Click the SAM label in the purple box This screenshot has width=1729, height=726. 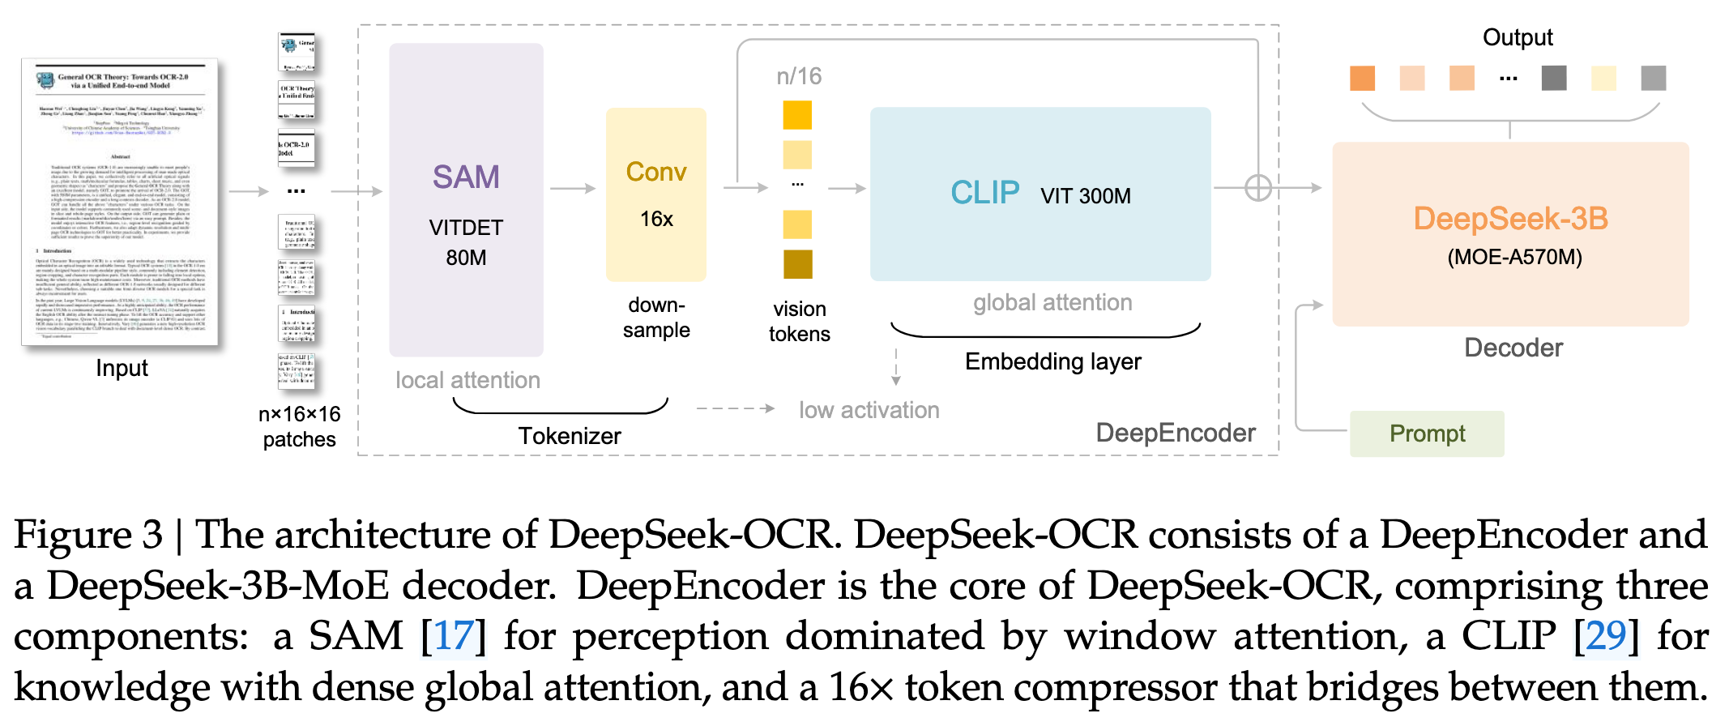pyautogui.click(x=466, y=177)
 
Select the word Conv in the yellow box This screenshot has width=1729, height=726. pyautogui.click(x=656, y=172)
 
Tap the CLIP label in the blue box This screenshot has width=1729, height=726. pyautogui.click(x=984, y=193)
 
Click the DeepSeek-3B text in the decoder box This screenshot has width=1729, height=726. pyautogui.click(x=1510, y=219)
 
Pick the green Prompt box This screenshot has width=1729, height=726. pyautogui.click(x=1427, y=433)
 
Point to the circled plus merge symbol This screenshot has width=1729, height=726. pyautogui.click(x=1257, y=188)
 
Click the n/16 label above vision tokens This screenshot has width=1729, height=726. pyautogui.click(x=799, y=76)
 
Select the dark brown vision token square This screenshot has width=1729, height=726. pyautogui.click(x=797, y=264)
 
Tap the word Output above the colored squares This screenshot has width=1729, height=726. pyautogui.click(x=1518, y=37)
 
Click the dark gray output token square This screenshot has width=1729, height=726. pyautogui.click(x=1554, y=79)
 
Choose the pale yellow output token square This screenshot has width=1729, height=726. pyautogui.click(x=1603, y=79)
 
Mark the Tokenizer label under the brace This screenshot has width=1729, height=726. pyautogui.click(x=570, y=436)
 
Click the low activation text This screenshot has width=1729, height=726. pyautogui.click(x=869, y=410)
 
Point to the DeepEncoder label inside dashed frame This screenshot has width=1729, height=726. pyautogui.click(x=1176, y=433)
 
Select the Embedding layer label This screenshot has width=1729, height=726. pyautogui.click(x=1052, y=361)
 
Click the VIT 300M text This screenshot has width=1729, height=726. pyautogui.click(x=1086, y=196)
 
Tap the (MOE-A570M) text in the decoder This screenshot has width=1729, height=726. pyautogui.click(x=1514, y=258)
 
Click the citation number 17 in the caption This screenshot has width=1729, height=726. pyautogui.click(x=454, y=636)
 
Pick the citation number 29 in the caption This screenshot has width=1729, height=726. pyautogui.click(x=1606, y=636)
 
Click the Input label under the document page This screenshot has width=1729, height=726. pyautogui.click(x=122, y=369)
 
